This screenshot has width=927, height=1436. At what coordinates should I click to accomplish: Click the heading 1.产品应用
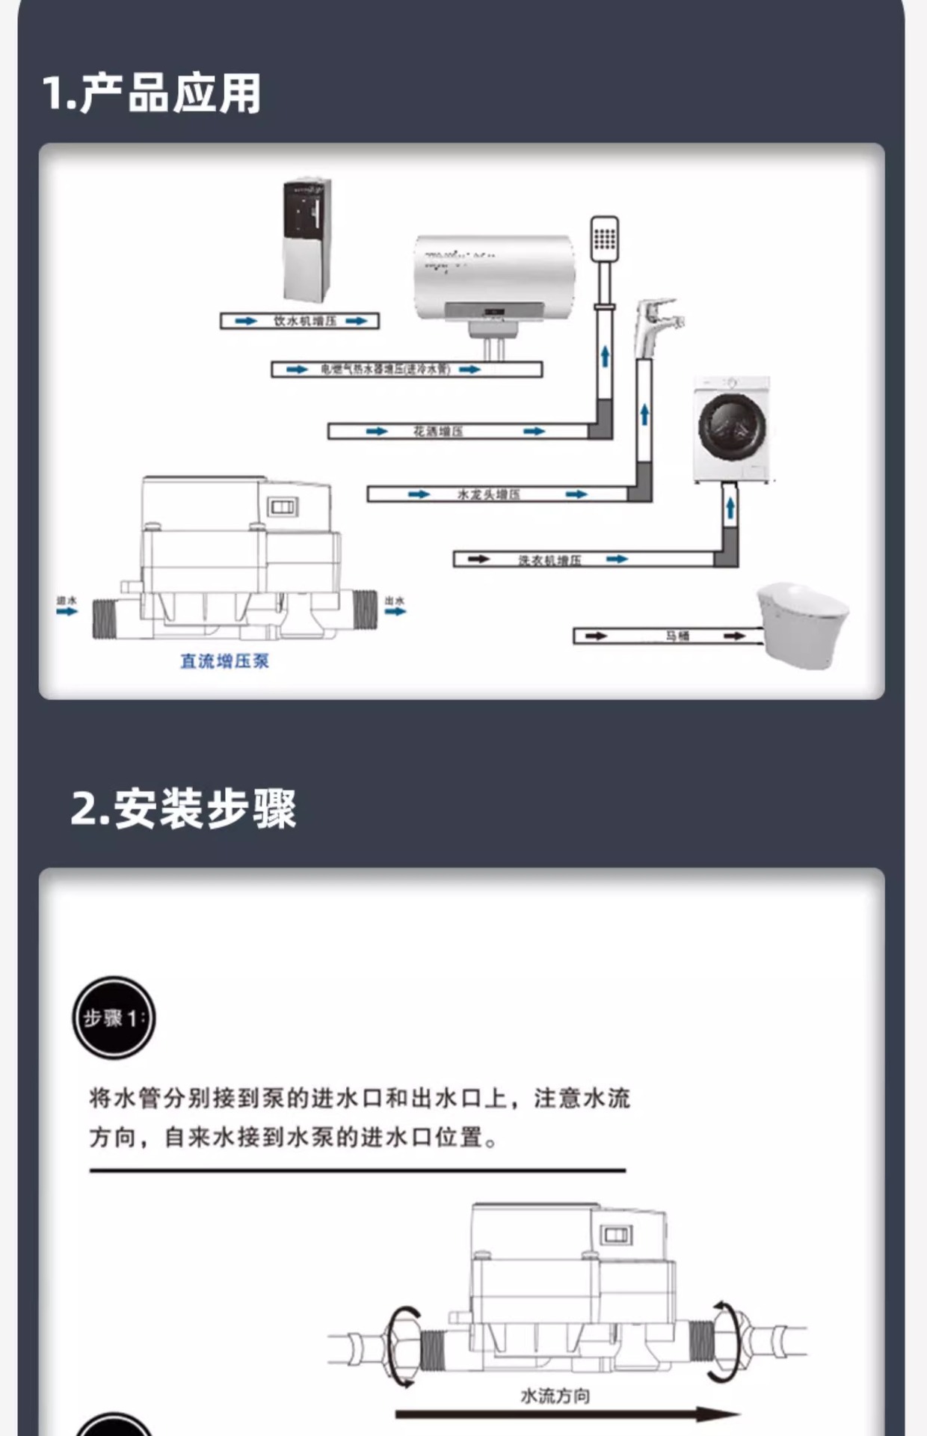152,93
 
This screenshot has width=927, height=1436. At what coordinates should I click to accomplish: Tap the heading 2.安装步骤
183,808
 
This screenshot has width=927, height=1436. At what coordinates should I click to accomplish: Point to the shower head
604,239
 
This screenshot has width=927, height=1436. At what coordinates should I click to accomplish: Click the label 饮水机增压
304,321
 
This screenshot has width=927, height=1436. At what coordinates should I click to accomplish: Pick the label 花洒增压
438,431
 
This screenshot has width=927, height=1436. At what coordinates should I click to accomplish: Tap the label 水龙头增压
488,494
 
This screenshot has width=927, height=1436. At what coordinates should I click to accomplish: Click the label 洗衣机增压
549,559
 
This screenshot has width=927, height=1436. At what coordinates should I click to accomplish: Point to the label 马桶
677,636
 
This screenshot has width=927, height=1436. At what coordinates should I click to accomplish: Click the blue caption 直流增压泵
224,661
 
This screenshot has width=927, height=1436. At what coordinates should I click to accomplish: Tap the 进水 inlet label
67,600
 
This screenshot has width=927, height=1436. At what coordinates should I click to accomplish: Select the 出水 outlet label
395,600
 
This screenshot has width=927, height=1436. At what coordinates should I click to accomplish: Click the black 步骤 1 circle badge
114,1018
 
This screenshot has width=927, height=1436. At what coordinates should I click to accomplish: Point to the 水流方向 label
555,1396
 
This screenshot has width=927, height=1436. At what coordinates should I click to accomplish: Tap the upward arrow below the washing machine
730,509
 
